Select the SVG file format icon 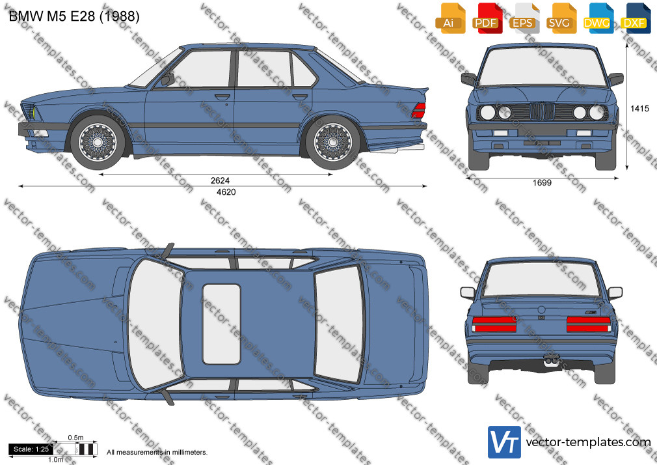[559, 18]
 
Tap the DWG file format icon [597, 18]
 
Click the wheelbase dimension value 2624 [220, 180]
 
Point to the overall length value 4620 [226, 191]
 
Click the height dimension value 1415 [639, 109]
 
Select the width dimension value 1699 [542, 182]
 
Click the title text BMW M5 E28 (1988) [74, 16]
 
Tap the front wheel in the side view [98, 142]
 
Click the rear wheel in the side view [332, 142]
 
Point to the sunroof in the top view [221, 324]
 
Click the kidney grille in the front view [542, 111]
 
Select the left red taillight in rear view [494, 324]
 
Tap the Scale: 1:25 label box [31, 449]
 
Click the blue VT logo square [505, 442]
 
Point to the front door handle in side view [222, 97]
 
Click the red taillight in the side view [419, 110]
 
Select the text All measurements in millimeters [157, 453]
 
